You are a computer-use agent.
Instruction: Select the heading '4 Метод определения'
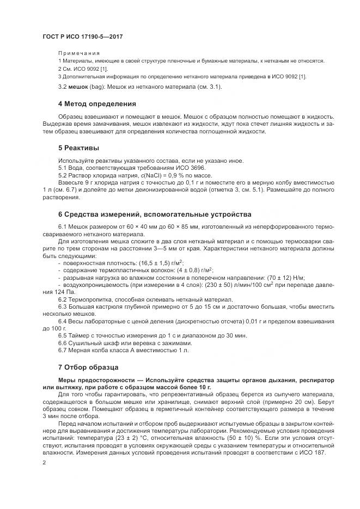(97, 103)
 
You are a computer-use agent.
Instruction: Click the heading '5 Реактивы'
(78, 148)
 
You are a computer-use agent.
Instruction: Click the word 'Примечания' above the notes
(78, 53)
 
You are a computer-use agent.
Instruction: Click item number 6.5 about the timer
(62, 335)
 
